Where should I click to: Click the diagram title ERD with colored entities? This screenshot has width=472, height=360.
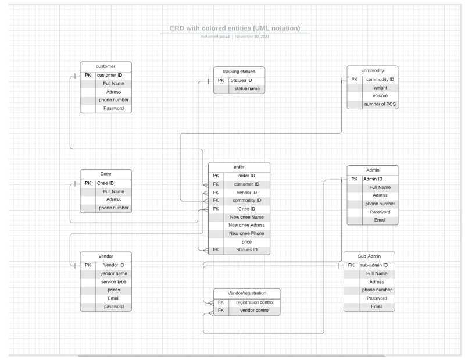[234, 28]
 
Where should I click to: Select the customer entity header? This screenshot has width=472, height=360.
[106, 66]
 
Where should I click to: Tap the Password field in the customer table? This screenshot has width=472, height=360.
[113, 108]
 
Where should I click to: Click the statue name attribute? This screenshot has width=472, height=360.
[246, 88]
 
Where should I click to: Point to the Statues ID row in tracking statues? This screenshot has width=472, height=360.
[241, 80]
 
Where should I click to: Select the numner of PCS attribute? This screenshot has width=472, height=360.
[380, 104]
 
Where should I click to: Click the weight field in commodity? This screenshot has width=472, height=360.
[380, 88]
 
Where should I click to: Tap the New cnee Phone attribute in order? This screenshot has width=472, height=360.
[246, 233]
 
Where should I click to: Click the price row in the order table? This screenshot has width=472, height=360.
[246, 241]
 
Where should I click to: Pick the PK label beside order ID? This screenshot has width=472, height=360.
[215, 175]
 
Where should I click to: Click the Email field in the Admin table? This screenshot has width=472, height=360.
[380, 220]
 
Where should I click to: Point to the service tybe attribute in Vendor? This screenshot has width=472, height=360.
[113, 281]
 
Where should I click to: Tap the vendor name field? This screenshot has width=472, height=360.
[113, 273]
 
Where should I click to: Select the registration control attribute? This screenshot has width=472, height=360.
[254, 302]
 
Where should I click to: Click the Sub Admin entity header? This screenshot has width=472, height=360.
[370, 256]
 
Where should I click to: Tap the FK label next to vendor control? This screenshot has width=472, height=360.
[220, 311]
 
